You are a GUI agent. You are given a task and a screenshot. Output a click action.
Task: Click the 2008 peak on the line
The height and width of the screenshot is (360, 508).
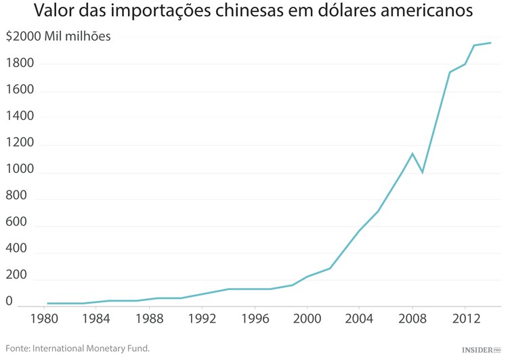412,153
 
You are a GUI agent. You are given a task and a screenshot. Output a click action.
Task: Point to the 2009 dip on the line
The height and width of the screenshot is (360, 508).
423,172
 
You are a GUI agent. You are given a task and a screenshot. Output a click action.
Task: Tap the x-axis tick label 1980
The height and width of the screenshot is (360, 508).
43,317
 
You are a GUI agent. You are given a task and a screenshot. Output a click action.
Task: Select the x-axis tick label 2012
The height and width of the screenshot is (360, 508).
465,317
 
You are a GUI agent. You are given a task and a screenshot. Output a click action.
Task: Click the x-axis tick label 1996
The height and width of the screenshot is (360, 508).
254,317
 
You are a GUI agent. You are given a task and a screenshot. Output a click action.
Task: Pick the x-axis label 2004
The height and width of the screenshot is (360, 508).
359,317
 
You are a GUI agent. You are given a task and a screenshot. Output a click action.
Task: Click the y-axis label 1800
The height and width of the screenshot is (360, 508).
19,64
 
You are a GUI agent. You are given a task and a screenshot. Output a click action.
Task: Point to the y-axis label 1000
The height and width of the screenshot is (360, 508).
19,172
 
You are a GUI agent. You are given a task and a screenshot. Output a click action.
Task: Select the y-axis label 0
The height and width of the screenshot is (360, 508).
9,300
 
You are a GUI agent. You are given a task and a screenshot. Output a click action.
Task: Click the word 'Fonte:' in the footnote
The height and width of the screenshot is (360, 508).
20,348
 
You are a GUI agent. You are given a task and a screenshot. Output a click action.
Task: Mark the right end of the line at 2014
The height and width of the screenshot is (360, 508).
490,43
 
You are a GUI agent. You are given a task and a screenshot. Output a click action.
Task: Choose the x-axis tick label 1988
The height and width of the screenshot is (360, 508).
149,317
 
